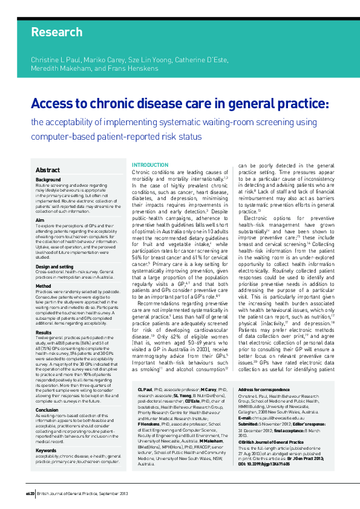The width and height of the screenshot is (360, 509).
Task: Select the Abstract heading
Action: click(48, 170)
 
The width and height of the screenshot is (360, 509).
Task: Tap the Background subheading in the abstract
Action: click(48, 180)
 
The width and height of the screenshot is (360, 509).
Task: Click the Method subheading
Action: click(43, 286)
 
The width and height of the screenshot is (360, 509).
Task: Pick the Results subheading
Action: click(44, 332)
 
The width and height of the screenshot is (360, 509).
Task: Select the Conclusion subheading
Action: click(47, 392)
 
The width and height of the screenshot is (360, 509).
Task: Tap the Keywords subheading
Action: click(46, 433)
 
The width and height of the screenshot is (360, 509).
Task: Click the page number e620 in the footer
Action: click(30, 493)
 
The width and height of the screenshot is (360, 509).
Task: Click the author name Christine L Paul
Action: click(56, 61)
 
